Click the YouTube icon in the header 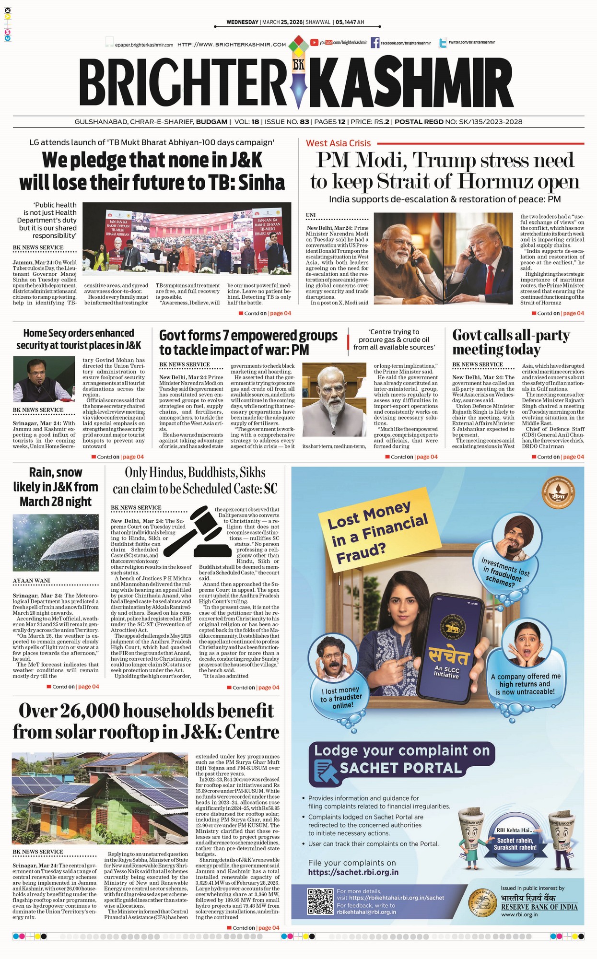coord(315,43)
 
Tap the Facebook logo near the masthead coord(375,43)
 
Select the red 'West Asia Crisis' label coord(339,143)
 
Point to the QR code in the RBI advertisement coord(320,901)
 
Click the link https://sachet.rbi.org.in coord(353,872)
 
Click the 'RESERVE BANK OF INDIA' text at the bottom coord(539,907)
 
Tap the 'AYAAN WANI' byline coord(31,581)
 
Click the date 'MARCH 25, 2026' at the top coord(282,22)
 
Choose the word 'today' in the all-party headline coord(523,349)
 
